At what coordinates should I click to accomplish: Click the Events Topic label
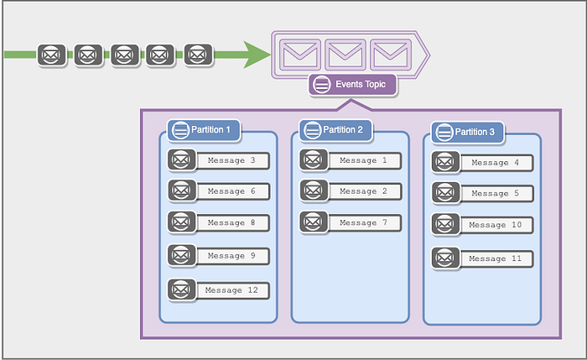[352, 85]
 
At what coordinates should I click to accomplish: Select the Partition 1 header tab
[204, 130]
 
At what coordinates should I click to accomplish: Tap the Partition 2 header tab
[335, 130]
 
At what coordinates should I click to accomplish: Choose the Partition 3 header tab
[468, 133]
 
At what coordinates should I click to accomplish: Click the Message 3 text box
[232, 161]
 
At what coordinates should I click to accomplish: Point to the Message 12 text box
[232, 290]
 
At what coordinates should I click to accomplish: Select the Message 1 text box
[365, 161]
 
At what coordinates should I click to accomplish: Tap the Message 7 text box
[365, 223]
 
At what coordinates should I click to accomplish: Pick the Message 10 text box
[496, 225]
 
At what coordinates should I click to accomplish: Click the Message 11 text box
[496, 258]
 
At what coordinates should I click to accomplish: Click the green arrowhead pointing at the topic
[257, 55]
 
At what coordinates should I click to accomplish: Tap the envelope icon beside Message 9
[182, 255]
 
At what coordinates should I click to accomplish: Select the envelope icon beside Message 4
[445, 162]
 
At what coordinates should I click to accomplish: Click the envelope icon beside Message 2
[314, 190]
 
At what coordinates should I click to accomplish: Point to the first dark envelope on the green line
[52, 55]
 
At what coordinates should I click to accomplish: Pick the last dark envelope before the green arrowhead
[199, 55]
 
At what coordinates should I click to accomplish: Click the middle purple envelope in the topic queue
[345, 55]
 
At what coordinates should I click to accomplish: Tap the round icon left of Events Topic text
[321, 85]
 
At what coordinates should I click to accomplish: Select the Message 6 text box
[232, 191]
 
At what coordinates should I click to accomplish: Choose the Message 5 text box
[496, 194]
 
